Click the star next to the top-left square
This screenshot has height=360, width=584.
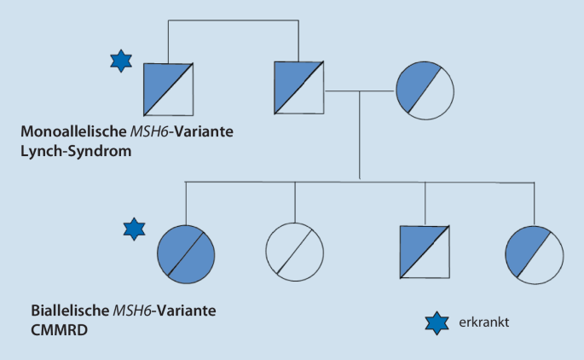pos(122,61)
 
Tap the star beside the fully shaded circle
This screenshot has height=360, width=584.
pos(133,229)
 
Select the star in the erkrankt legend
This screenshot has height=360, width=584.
pos(435,322)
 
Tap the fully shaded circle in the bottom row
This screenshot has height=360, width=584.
pos(187,254)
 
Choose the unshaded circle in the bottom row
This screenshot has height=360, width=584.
pos(295,254)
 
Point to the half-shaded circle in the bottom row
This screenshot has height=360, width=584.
pos(534,254)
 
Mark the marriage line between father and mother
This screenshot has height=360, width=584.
pos(358,89)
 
